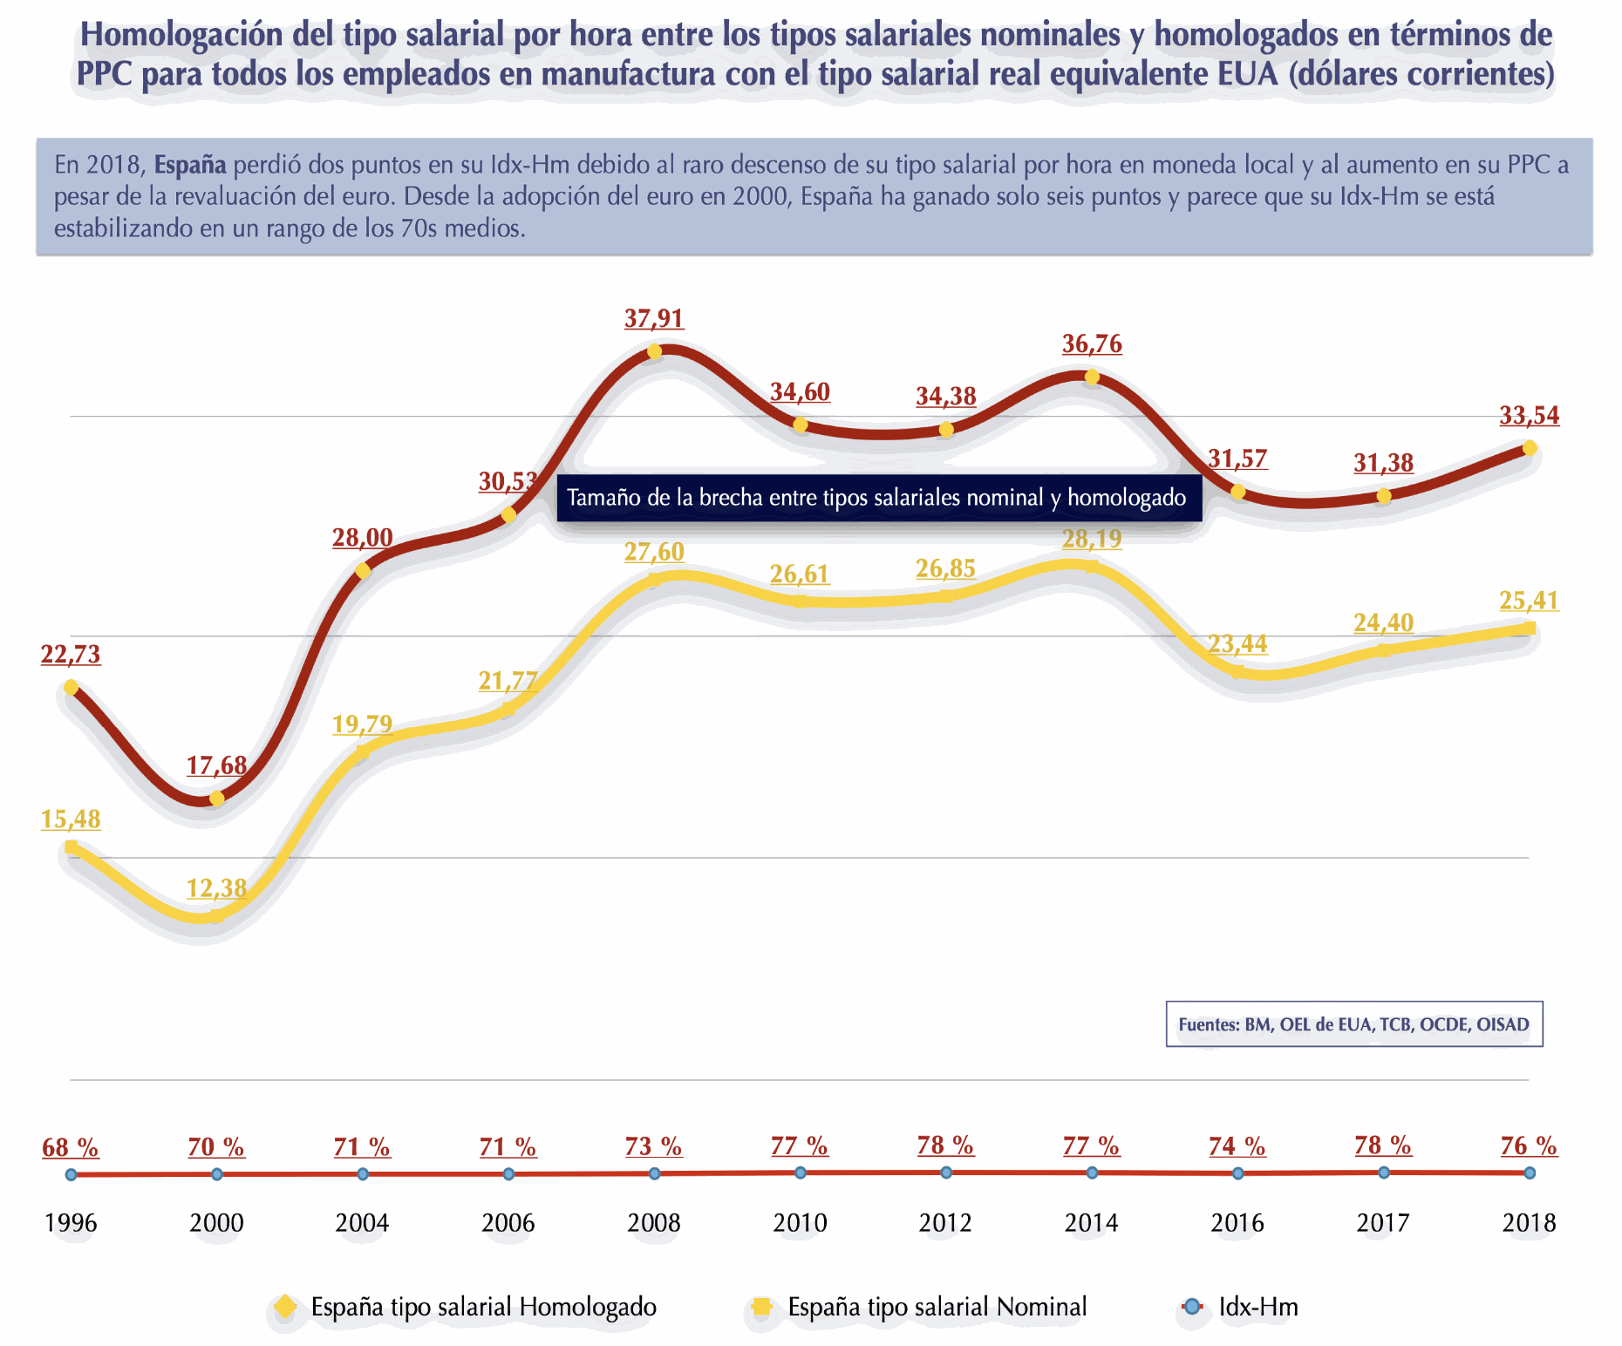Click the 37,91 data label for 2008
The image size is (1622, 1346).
[654, 319]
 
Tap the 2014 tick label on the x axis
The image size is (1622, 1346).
[1091, 1223]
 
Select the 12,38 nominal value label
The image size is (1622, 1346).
[216, 888]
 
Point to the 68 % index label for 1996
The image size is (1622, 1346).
[71, 1147]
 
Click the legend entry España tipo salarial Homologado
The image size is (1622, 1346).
[483, 1307]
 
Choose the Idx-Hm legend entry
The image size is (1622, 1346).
[1257, 1307]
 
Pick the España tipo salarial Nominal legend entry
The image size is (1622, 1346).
[937, 1307]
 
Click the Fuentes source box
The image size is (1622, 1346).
[1353, 1024]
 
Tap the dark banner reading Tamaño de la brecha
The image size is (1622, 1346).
[878, 498]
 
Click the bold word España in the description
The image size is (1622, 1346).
[190, 165]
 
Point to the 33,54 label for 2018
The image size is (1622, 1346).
[1530, 416]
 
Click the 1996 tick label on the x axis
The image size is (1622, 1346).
[71, 1223]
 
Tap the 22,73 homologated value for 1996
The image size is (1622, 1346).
[71, 654]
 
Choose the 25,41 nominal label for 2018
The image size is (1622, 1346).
[1530, 601]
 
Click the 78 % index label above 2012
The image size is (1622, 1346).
[945, 1145]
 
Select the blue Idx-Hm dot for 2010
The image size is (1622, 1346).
[801, 1173]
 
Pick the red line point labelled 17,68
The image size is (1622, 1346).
[217, 798]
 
